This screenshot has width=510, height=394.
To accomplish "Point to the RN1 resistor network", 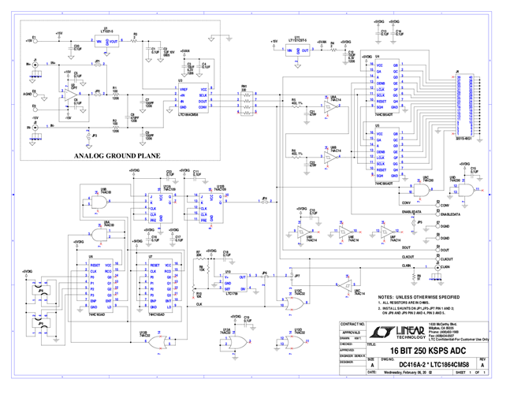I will [247, 100].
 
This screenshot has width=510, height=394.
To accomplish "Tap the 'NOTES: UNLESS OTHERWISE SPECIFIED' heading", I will [408, 295].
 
